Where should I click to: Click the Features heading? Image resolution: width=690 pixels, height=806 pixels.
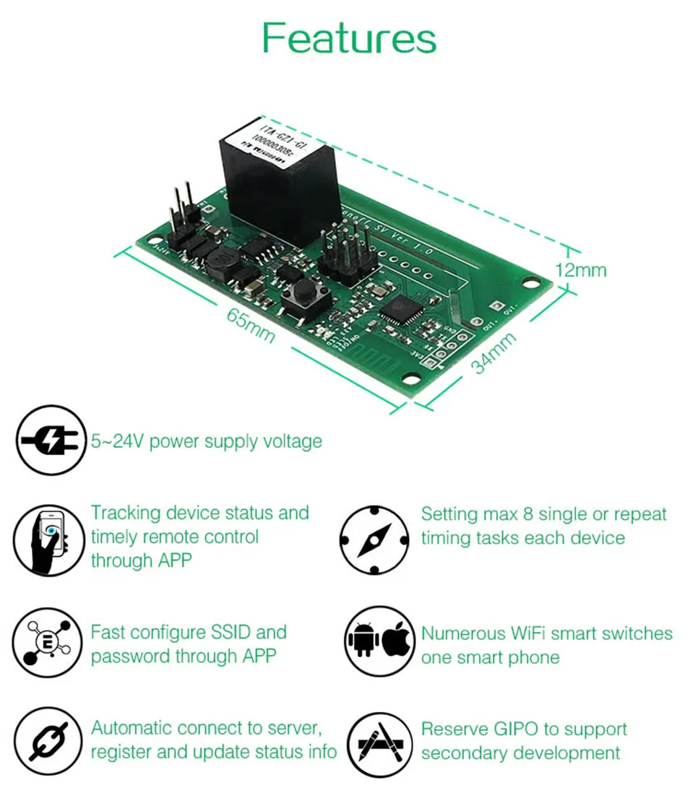pos(349,38)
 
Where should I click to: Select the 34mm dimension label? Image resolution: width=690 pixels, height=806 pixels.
pos(494,354)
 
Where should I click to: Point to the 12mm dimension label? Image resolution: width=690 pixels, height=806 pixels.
pos(580,271)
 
